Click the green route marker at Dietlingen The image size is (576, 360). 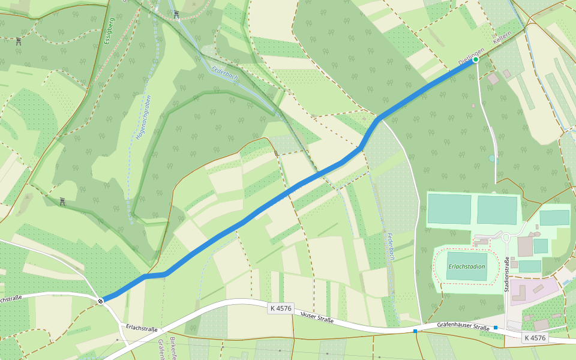coord(476,59)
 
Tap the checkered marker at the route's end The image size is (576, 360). coord(101,300)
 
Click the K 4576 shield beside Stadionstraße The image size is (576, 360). coord(534,338)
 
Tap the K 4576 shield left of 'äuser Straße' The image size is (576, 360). coord(280,308)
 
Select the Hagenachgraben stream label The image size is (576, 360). coord(139,118)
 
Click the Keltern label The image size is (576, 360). coord(502,41)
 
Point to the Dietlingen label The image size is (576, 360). coord(470,54)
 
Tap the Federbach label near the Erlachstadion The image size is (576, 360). coord(389,245)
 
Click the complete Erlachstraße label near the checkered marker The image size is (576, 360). coord(142,328)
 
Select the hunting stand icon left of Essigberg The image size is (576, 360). coord(19,41)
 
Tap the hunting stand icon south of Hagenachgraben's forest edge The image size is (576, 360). coord(62,202)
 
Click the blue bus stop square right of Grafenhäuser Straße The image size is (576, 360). coord(496,328)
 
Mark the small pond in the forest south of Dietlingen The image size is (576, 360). coord(492,159)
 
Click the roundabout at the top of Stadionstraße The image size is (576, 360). coord(505,238)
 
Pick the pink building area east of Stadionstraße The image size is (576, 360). coord(534,291)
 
